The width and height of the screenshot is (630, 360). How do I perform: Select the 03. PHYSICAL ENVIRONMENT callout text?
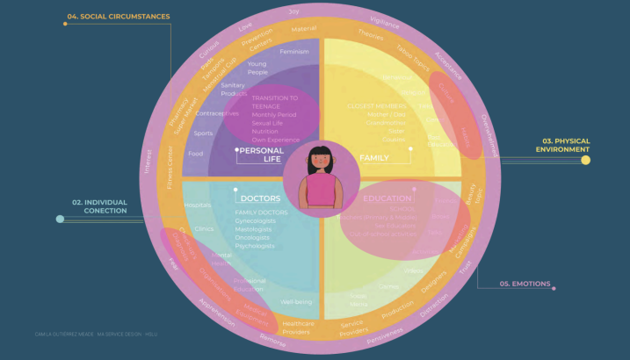(x=566, y=145)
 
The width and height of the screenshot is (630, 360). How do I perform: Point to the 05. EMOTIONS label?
(x=525, y=284)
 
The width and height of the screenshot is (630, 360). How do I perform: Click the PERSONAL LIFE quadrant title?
(x=261, y=155)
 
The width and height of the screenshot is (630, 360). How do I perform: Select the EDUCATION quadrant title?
(x=387, y=199)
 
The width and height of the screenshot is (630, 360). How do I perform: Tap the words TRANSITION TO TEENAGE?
(x=274, y=102)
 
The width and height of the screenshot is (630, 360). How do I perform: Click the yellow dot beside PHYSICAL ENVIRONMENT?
(x=585, y=160)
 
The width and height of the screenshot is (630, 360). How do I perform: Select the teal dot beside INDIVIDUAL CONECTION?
(x=60, y=219)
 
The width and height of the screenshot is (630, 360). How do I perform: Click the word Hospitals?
(x=198, y=205)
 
